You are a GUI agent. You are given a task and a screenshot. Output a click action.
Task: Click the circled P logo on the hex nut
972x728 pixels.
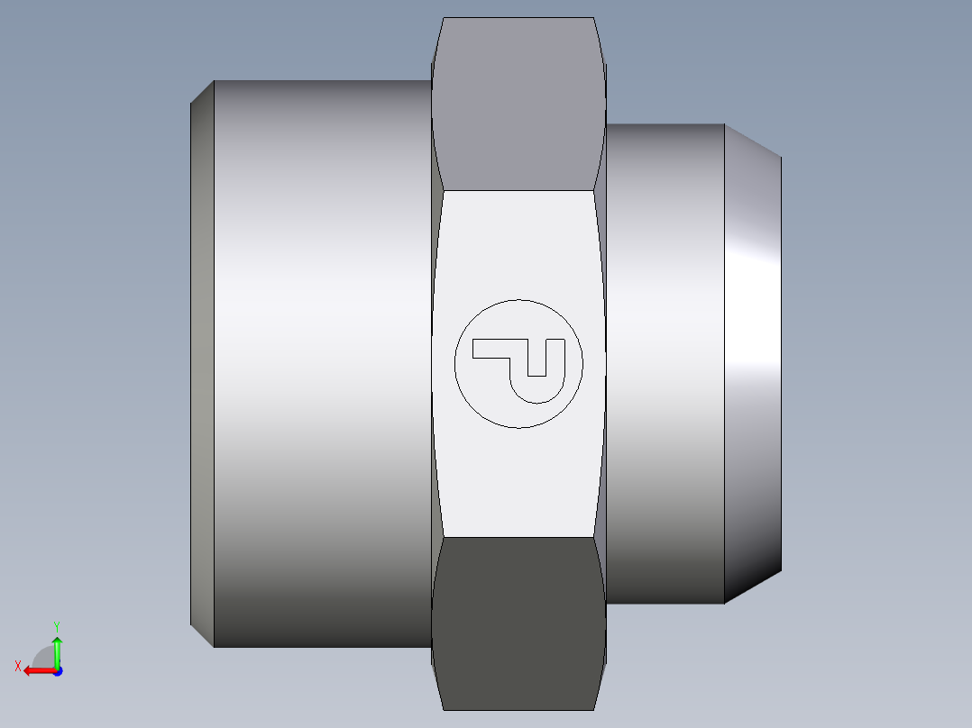click(518, 363)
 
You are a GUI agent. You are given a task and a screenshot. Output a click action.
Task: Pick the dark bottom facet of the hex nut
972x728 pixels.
click(518, 622)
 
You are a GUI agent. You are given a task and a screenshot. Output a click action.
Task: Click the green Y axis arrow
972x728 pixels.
click(57, 649)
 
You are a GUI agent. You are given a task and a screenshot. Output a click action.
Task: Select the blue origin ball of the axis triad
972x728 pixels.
click(57, 670)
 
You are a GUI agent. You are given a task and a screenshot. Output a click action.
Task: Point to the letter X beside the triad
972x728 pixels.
click(17, 666)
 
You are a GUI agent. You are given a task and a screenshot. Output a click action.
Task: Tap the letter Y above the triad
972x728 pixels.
click(56, 625)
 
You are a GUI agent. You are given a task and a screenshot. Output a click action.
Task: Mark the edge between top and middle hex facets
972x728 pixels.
click(518, 190)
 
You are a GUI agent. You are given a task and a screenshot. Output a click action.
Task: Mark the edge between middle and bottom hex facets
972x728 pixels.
click(518, 538)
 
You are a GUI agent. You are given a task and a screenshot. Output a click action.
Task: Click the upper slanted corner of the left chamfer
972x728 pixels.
click(202, 92)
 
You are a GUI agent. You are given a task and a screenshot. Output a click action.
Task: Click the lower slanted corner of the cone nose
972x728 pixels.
click(753, 587)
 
